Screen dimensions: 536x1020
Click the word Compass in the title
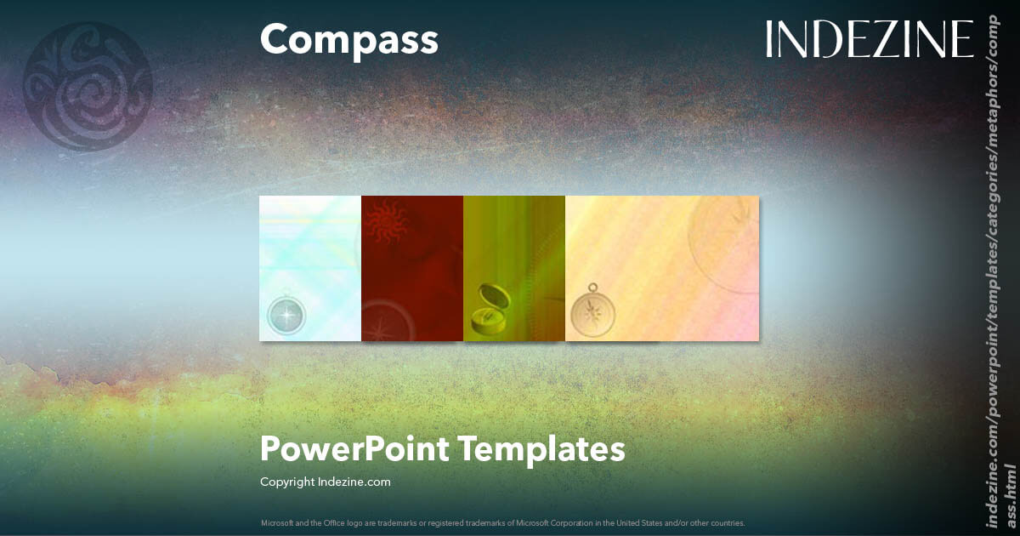[349, 40]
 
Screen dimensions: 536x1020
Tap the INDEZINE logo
[869, 39]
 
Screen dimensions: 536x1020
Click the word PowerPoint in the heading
[354, 448]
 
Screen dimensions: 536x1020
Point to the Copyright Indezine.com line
[326, 482]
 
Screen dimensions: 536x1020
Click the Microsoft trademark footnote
[503, 522]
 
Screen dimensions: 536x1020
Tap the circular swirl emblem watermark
[88, 86]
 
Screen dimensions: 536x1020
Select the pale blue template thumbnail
[310, 268]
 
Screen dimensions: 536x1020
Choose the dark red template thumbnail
[412, 268]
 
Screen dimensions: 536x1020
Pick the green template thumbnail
[514, 268]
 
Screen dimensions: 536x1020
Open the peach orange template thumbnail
[662, 268]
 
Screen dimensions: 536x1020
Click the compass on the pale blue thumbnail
[287, 313]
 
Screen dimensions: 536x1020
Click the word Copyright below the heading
[287, 482]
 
